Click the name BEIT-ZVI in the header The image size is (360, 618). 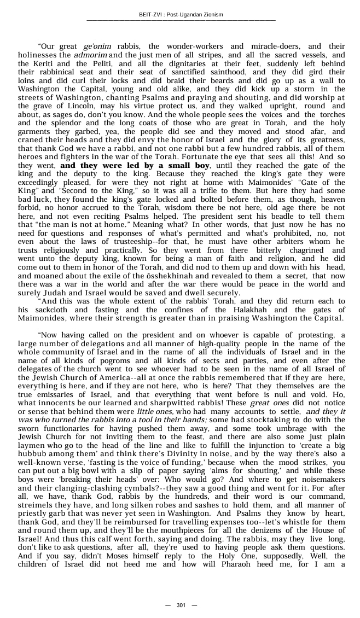[x=150, y=14]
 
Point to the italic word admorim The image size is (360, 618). [x=90, y=55]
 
